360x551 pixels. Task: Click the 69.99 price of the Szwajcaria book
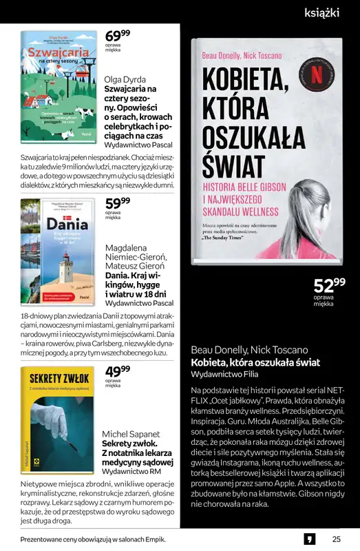(117, 37)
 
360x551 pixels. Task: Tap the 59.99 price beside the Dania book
(117, 204)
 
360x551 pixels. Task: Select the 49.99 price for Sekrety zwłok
(117, 373)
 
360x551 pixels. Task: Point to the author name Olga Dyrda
(125, 79)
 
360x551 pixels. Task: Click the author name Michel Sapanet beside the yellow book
(130, 435)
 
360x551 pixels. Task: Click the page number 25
(336, 539)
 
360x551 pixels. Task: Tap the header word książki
(321, 12)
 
